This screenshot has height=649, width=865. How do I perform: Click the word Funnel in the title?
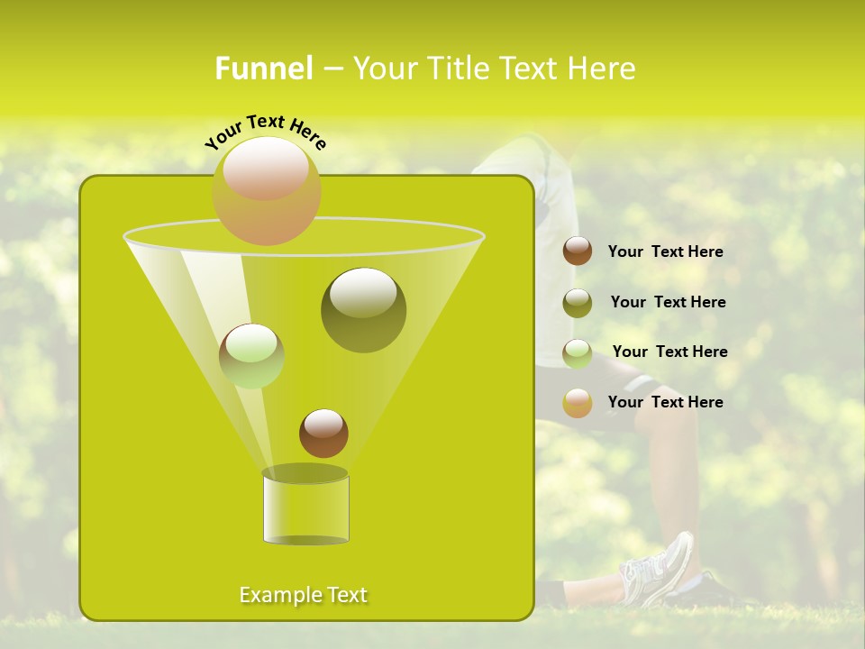[264, 69]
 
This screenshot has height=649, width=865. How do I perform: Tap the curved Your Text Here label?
[266, 132]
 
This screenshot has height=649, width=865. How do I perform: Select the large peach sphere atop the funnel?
[266, 190]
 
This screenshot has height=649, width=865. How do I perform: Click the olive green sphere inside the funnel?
[363, 310]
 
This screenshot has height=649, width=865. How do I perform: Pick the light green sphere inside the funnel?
[251, 355]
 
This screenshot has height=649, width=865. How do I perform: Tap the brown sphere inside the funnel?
[323, 433]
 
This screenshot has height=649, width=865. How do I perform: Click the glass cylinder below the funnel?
[305, 507]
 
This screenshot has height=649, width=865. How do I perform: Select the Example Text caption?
[303, 595]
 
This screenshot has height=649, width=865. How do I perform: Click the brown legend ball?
[578, 251]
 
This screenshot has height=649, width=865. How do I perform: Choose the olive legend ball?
[578, 302]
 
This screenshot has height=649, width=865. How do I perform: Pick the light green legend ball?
[578, 352]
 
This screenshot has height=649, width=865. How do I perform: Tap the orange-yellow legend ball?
[578, 402]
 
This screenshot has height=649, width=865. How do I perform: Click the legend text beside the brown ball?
[665, 251]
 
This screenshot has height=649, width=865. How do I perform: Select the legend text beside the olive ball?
[668, 302]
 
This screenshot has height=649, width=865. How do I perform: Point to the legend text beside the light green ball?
[669, 352]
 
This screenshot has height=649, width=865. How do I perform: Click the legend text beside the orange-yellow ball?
[665, 402]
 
